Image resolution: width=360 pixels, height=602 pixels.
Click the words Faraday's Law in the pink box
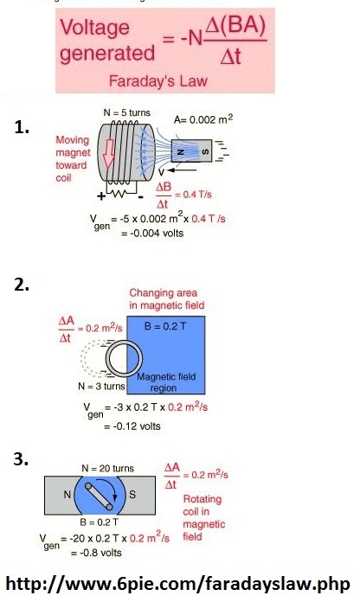157,81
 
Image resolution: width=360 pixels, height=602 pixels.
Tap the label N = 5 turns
127,112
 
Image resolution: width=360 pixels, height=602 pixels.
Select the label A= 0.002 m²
203,119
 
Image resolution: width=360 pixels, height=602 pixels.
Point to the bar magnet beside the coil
191,150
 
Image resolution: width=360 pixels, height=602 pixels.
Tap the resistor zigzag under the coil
121,194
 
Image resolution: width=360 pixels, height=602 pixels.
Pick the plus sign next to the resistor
101,196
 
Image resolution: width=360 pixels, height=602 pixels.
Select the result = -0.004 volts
152,233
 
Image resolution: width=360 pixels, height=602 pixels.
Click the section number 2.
22,285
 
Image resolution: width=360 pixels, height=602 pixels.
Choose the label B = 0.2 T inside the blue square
165,326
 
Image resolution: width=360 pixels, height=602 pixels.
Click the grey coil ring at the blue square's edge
106,359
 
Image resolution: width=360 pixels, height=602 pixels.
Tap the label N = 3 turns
101,386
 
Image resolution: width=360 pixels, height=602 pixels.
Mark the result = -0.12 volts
132,426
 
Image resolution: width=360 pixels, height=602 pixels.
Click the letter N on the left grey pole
67,495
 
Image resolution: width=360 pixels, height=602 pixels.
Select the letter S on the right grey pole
132,495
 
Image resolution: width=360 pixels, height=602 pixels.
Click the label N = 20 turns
107,469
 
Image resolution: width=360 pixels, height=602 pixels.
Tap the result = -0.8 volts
96,553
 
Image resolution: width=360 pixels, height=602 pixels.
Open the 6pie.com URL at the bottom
178,584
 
